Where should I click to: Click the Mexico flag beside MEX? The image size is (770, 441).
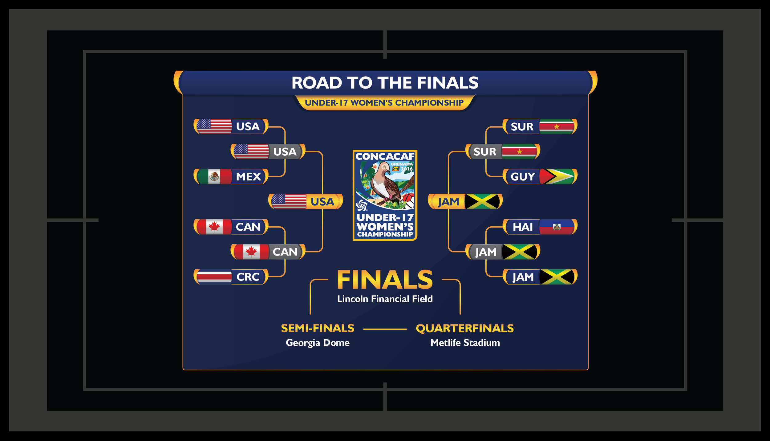coord(214,177)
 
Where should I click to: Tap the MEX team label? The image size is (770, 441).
coord(249,177)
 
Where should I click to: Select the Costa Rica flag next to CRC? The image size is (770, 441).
coord(214,277)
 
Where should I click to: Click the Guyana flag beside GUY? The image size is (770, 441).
coord(557,177)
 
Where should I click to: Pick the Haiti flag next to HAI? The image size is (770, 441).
coord(557,227)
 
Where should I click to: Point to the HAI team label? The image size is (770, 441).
coord(523,227)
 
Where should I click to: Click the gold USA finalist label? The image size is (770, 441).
coord(322,202)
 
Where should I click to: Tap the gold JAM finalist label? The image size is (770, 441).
coord(448,202)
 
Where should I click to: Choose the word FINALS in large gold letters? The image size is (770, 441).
coord(385,280)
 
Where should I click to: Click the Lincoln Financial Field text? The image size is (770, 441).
coord(385,299)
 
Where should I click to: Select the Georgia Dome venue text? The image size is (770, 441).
coord(318,343)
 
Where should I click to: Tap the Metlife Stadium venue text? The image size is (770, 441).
coord(465,343)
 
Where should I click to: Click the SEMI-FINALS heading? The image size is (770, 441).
coord(318,328)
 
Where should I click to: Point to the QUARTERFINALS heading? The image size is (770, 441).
coord(465,328)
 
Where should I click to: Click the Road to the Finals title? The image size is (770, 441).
coord(385,83)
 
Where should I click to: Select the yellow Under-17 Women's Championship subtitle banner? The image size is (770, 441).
coord(384,103)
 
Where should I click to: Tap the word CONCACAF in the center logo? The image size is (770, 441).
coord(385,157)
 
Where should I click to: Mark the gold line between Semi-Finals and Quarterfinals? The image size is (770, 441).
coord(385,329)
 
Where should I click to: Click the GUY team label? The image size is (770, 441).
coord(523,177)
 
